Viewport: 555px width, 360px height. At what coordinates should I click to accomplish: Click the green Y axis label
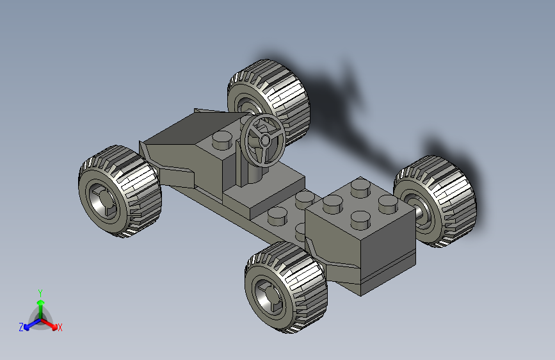coord(40,293)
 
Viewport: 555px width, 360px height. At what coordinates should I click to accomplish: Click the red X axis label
coord(60,327)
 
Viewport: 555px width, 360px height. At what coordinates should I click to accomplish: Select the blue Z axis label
coord(21,327)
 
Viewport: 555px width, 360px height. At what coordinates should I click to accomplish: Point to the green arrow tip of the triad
coord(41,302)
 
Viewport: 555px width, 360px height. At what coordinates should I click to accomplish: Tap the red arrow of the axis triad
coord(49,323)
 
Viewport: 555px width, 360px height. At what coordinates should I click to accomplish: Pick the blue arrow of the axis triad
coord(33,324)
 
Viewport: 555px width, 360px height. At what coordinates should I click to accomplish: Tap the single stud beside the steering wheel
coord(222,140)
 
